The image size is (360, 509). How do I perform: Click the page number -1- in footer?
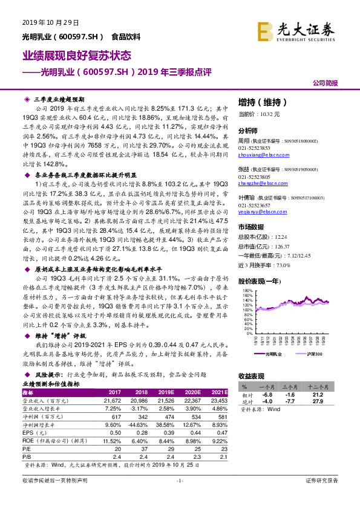pos(179,496)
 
